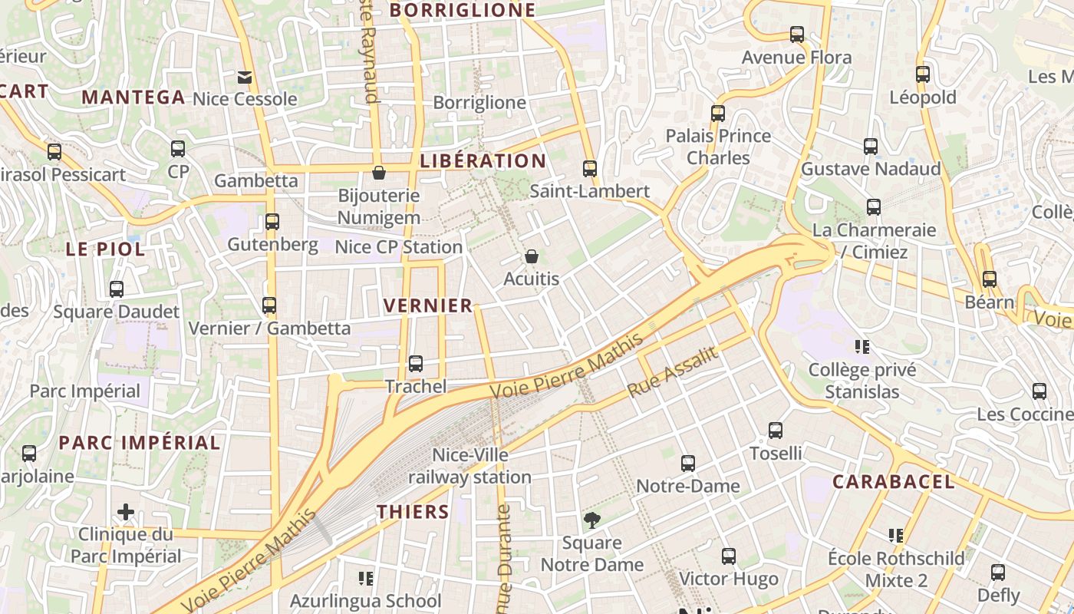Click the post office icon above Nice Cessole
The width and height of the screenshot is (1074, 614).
click(x=245, y=77)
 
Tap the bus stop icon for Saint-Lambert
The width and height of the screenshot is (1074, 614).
click(x=589, y=169)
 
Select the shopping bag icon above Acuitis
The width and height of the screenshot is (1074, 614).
click(x=531, y=256)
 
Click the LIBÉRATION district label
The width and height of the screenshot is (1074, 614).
click(x=483, y=161)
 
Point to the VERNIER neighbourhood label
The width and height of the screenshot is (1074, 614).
click(x=428, y=305)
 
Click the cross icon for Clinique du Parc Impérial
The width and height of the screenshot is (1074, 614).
click(x=126, y=512)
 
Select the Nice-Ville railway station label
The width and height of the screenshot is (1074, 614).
click(x=469, y=466)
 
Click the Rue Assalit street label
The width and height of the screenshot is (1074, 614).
click(x=672, y=372)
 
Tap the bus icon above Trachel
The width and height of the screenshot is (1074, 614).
click(x=415, y=364)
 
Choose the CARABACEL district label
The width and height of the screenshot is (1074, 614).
click(x=894, y=482)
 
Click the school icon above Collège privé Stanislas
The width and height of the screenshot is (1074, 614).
click(x=862, y=348)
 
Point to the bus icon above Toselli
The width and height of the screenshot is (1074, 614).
click(x=776, y=431)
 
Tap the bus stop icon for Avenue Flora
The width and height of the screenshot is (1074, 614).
click(x=797, y=35)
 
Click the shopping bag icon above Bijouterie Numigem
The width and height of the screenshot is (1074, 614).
click(x=378, y=173)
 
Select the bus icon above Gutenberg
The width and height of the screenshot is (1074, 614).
click(x=272, y=222)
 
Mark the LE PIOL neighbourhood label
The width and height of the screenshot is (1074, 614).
click(x=105, y=249)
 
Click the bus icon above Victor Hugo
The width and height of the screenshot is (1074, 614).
click(x=729, y=556)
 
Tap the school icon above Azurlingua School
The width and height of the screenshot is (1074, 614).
click(x=366, y=578)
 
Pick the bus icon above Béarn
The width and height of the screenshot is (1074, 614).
click(x=990, y=279)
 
